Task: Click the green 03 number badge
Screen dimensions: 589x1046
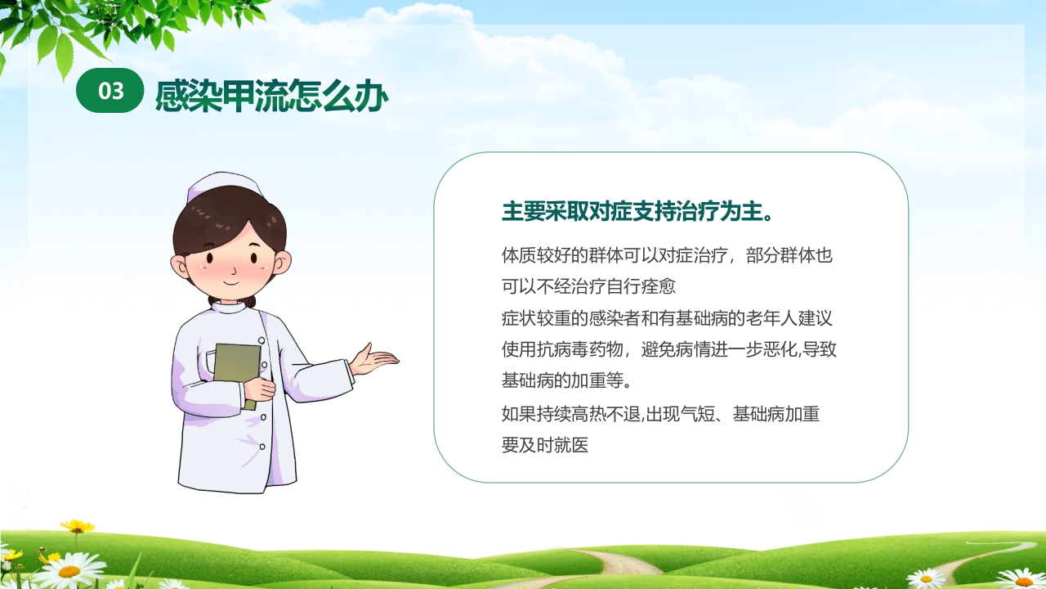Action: pos(110,91)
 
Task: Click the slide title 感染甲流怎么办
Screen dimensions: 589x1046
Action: pos(271,96)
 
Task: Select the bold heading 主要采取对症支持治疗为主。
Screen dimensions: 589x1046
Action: pos(637,212)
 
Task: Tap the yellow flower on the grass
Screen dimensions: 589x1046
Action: pos(77,527)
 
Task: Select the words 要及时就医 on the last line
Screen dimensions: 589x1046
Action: pos(545,446)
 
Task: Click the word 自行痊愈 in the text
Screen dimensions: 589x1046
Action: pos(641,287)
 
